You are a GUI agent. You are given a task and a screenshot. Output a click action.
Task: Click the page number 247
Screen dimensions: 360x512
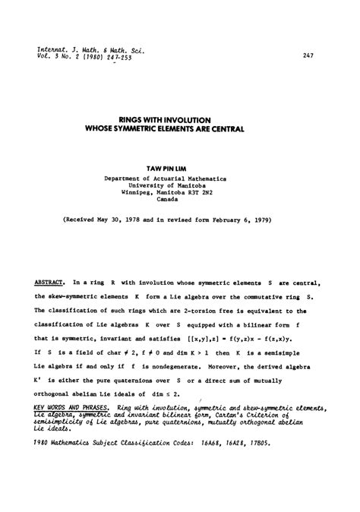tap(308, 55)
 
